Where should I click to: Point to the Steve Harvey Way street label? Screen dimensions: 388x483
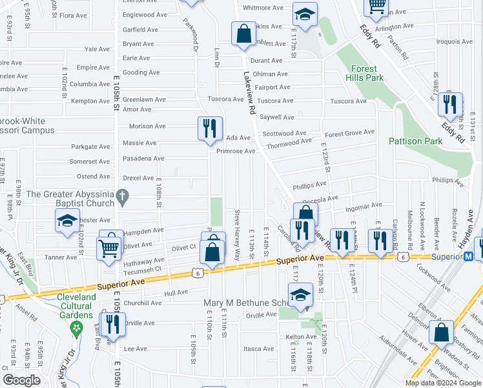tap(238, 235)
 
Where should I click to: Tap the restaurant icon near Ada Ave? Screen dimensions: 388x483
tap(209, 128)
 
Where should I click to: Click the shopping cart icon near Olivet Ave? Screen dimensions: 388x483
tap(108, 248)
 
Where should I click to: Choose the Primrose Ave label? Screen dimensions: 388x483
tap(236, 151)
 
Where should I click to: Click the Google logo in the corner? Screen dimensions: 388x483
tap(22, 380)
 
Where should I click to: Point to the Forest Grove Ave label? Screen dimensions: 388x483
tap(349, 133)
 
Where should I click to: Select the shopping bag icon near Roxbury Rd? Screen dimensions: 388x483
tap(442, 333)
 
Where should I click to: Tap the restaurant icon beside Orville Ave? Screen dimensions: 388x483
tap(114, 325)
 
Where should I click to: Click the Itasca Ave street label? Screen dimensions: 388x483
tap(260, 349)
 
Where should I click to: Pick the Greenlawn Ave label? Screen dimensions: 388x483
tap(144, 100)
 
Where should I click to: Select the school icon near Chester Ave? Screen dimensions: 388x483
tap(67, 221)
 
